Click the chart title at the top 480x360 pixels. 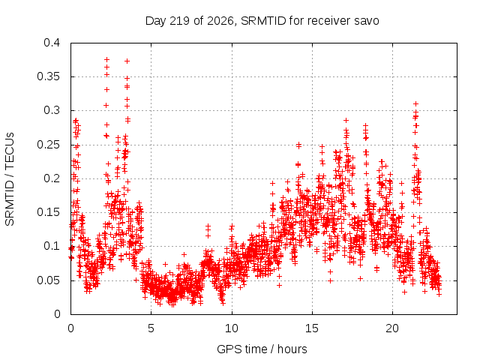click(262, 21)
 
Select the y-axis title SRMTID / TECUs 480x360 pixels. click(10, 179)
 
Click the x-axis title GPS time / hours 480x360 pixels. click(262, 349)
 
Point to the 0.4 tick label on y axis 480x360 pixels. click(52, 43)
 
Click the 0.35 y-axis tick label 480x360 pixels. click(49, 76)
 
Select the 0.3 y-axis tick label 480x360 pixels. click(52, 110)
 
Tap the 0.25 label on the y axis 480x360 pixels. click(49, 145)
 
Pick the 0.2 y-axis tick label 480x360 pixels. click(52, 178)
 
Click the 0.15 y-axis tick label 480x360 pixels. click(49, 212)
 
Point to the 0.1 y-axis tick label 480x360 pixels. click(52, 246)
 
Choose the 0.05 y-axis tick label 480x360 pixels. click(49, 280)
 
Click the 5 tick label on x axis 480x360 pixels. click(151, 328)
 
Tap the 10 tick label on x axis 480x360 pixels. click(232, 328)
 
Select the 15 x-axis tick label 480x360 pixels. click(312, 328)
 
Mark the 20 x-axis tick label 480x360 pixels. click(392, 328)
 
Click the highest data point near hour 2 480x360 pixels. click(106, 59)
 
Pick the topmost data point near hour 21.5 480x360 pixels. click(415, 103)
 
